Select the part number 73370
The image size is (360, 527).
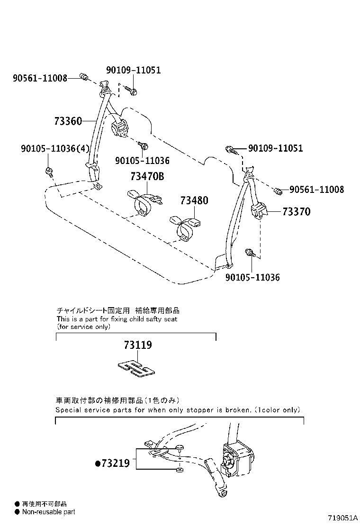297,212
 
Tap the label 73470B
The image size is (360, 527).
147,177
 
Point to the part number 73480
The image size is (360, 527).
194,201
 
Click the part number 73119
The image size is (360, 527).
138,345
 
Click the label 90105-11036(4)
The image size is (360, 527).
55,149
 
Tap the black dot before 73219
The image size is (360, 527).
98,464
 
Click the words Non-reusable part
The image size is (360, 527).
49,512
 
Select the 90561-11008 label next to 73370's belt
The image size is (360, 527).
316,190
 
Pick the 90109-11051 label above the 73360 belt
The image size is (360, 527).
133,70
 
